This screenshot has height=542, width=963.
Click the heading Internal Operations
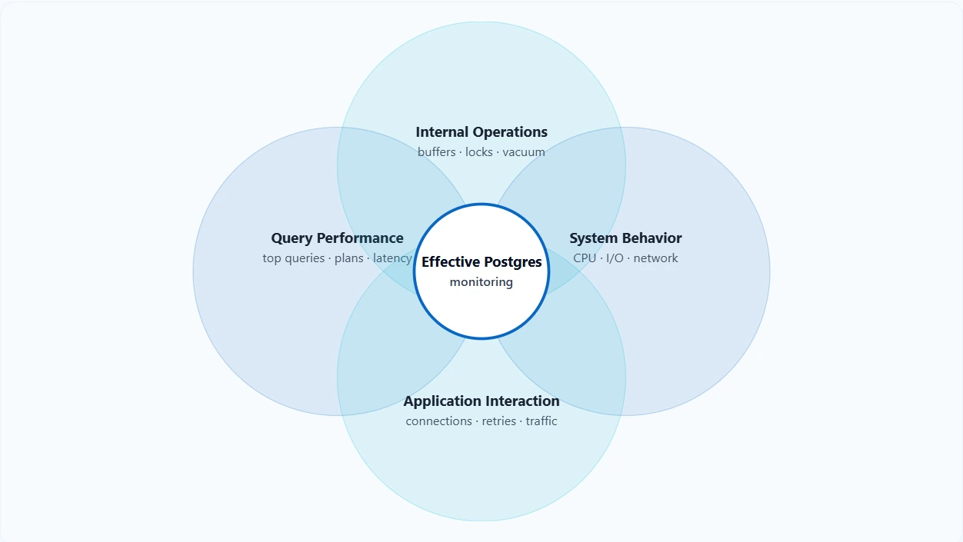point(481,132)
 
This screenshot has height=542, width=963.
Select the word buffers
point(437,152)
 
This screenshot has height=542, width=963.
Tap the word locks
point(478,152)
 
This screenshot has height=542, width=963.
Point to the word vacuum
point(524,152)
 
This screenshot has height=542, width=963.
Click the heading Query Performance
point(337,238)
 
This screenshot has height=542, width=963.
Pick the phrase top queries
point(293,258)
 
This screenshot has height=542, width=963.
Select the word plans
point(348,258)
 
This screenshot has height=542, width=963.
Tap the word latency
point(392,258)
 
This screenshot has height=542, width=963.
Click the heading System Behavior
point(625,238)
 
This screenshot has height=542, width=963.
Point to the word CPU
point(585,258)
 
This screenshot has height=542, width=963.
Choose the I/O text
point(615,258)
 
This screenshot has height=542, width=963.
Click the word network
point(655,258)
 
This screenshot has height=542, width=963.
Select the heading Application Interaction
point(481,401)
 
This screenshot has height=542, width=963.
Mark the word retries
point(498,421)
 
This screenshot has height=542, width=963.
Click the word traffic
point(541,421)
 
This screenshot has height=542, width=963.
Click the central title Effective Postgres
point(481,262)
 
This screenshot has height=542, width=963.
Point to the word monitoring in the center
point(481,282)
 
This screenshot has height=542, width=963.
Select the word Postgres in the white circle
point(513,262)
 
